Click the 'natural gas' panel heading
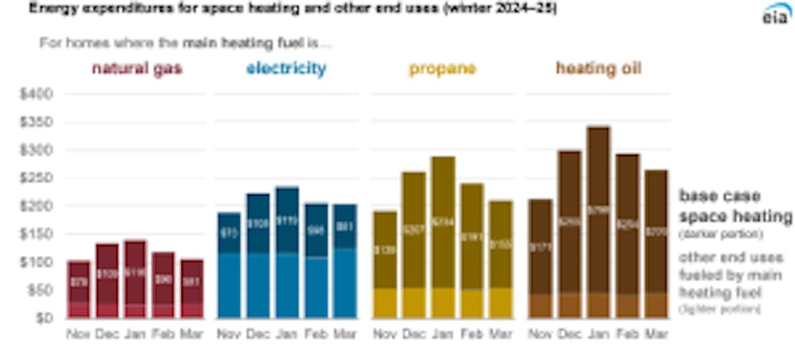[x=137, y=68]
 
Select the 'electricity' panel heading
[x=285, y=68]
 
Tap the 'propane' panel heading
[x=442, y=68]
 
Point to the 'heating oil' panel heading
[x=598, y=68]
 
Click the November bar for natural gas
[x=78, y=289]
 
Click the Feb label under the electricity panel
[x=316, y=334]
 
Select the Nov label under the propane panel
[x=384, y=334]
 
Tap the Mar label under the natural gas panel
[x=192, y=334]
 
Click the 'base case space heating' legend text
[x=735, y=206]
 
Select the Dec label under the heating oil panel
[x=569, y=334]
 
